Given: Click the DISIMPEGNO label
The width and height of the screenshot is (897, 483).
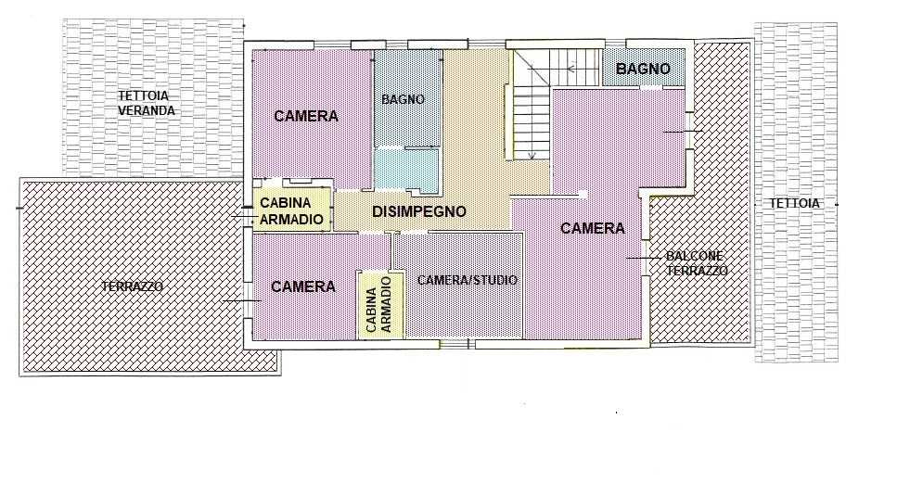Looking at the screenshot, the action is click(418, 211).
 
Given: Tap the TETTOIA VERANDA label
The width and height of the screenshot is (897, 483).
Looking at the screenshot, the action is click(147, 103).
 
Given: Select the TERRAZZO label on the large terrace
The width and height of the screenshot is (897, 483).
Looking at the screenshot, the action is click(132, 286).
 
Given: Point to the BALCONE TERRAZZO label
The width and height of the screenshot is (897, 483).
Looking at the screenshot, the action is click(697, 263).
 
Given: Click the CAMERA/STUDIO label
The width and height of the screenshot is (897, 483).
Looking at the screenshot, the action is click(468, 280).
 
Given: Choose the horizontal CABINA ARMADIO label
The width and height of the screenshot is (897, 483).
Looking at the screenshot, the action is click(291, 211).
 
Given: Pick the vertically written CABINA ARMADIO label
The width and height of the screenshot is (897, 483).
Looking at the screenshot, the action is click(378, 304).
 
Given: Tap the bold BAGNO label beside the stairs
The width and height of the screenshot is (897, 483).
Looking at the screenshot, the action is click(643, 69).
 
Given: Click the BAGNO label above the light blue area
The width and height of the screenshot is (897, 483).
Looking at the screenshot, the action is click(403, 99).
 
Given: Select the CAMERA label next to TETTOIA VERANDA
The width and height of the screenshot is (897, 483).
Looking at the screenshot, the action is click(306, 116).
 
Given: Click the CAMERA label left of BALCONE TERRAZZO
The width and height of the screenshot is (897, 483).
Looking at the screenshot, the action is click(592, 228).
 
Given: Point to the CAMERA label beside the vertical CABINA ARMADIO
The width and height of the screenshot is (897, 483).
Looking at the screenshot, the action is click(302, 286).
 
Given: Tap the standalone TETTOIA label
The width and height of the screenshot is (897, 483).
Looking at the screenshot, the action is click(794, 203).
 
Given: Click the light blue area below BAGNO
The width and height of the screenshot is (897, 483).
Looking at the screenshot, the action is click(406, 170).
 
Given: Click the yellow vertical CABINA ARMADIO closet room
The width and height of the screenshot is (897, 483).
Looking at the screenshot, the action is click(379, 305).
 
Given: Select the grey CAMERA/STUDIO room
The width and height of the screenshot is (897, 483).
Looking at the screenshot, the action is click(457, 286).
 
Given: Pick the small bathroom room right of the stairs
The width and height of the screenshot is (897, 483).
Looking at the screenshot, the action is click(644, 68).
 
